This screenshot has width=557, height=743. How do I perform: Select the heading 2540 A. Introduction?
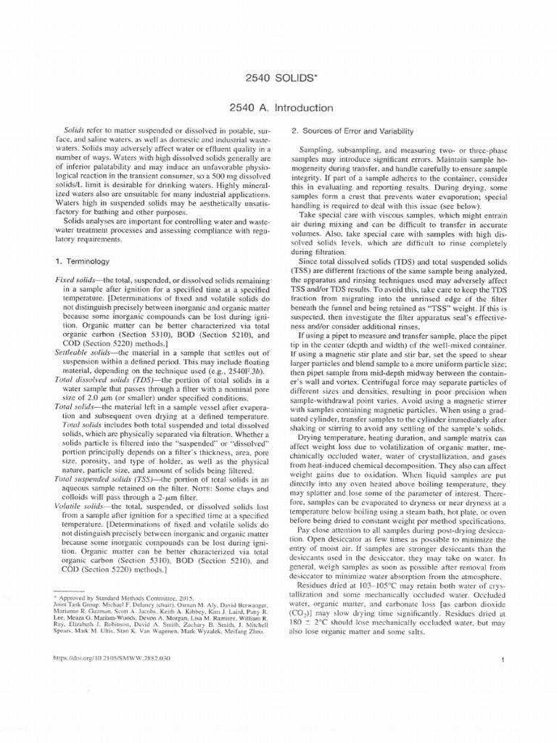(x=281, y=108)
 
